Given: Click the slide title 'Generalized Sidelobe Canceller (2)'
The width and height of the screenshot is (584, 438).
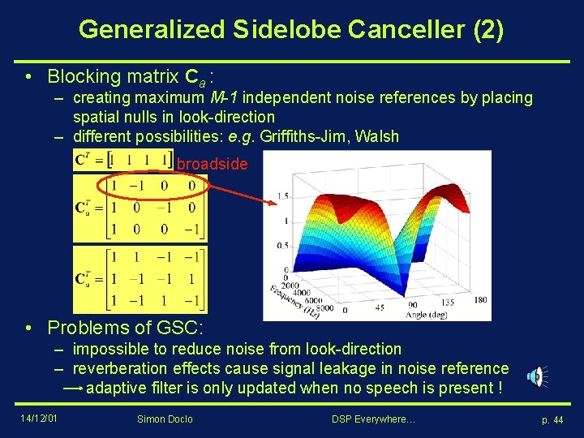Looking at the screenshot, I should pos(291,30).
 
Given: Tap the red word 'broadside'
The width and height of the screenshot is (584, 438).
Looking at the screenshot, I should pos(213,165).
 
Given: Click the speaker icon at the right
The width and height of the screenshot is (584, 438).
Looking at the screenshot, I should pos(536,376).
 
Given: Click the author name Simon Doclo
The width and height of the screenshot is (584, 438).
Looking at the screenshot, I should pos(166,419).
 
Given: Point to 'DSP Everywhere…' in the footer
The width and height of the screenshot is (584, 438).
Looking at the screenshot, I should pos(373,419).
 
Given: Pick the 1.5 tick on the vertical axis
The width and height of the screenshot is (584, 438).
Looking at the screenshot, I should pos(282,196).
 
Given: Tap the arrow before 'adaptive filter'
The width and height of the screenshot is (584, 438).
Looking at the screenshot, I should pos(71,389).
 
